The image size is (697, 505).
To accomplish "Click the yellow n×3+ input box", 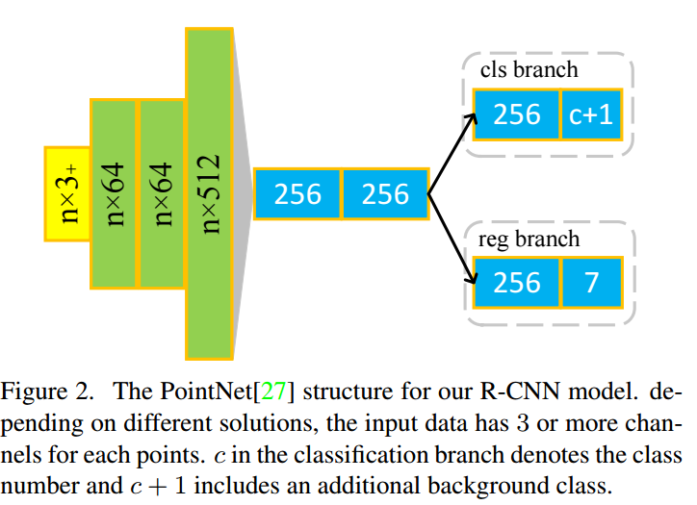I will click(x=67, y=193).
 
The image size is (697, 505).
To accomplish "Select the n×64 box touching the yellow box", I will click(x=115, y=193).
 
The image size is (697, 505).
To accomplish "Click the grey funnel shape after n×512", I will click(x=244, y=193).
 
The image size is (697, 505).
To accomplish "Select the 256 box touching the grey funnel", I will click(x=297, y=194).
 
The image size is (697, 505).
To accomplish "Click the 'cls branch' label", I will click(x=529, y=69).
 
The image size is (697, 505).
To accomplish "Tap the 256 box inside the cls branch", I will click(x=516, y=114).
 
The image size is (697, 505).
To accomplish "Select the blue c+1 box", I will click(x=590, y=114).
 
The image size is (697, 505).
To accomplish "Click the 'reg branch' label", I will click(x=529, y=238).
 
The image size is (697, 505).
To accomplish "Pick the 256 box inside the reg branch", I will click(x=516, y=283).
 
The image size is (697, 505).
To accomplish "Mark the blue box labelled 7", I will click(x=590, y=283).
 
